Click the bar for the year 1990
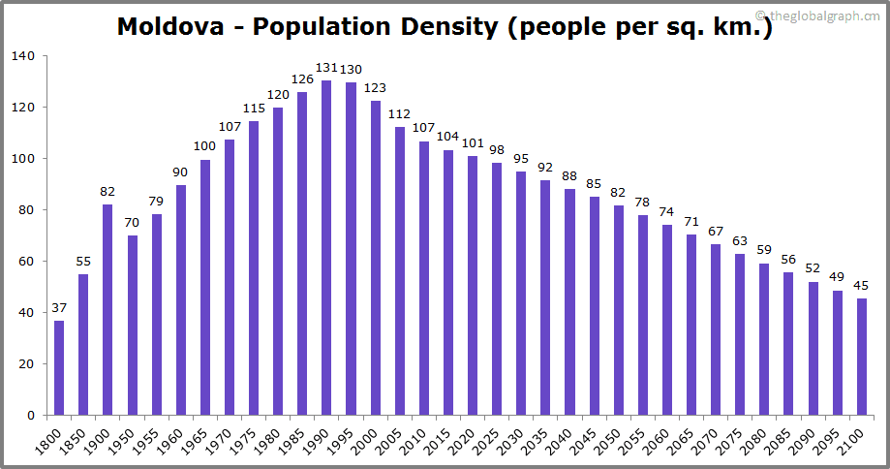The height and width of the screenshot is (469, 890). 326,247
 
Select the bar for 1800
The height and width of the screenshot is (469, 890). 59,367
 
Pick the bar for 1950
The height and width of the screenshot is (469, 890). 132,325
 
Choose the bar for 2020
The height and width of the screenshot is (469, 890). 473,285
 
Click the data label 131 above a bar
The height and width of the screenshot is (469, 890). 326,68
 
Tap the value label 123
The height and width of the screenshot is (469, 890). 375,88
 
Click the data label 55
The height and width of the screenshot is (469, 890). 83,263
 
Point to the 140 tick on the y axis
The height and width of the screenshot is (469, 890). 23,56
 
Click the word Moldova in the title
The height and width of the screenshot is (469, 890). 175,27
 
